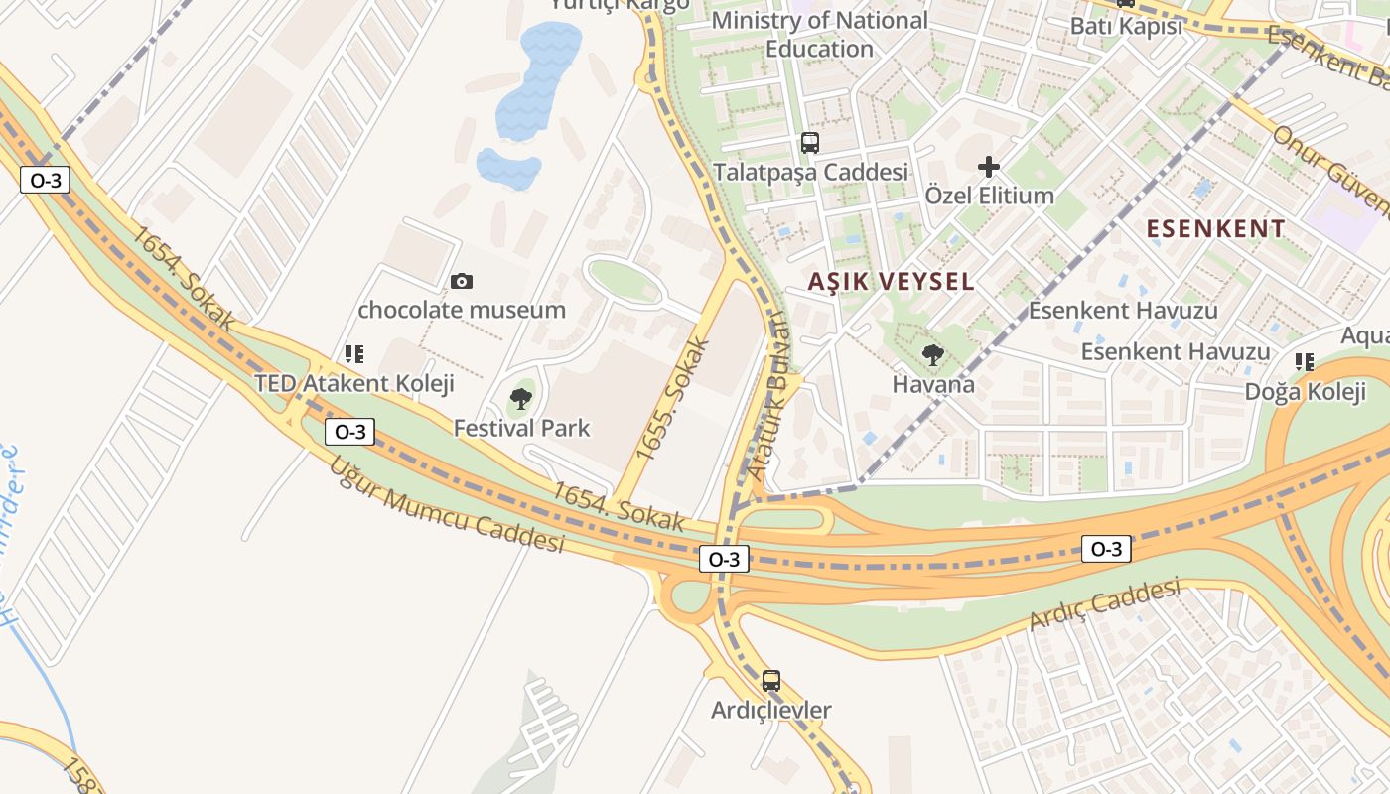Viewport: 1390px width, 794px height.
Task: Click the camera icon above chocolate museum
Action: pos(462,282)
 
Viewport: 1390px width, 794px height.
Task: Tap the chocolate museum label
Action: pos(462,310)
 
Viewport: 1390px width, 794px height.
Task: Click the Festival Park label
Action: pos(521,429)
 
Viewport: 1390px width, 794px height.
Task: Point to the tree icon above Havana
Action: pos(932,355)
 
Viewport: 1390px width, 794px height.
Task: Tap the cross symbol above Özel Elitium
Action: pos(989,167)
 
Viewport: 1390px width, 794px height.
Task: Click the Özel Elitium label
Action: pos(989,196)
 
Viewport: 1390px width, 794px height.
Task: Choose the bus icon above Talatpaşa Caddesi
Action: pos(810,143)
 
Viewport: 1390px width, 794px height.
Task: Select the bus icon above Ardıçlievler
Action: pos(771,681)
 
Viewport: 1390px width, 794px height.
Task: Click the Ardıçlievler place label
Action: pos(771,711)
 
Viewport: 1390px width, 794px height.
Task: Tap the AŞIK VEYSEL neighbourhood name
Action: pos(891,282)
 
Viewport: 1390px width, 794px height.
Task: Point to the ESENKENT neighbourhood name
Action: pos(1215,229)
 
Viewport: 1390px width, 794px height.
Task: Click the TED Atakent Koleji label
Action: pos(353,383)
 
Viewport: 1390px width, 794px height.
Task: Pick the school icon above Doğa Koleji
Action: pos(1305,362)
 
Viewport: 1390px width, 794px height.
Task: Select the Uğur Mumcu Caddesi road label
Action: pos(446,505)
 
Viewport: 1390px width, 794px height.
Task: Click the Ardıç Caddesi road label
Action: pos(1104,606)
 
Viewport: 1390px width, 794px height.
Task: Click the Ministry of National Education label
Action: pos(820,34)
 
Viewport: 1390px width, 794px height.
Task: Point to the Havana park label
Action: pos(933,384)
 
